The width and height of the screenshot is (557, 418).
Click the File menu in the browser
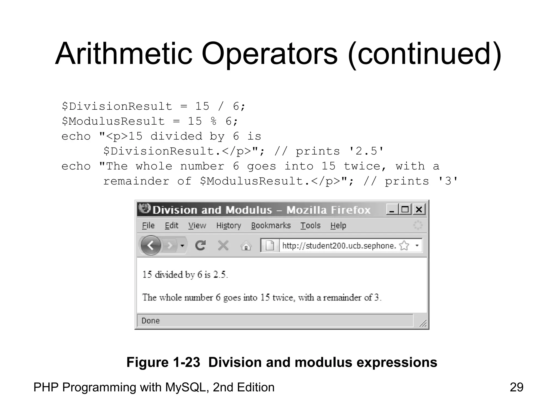(148, 226)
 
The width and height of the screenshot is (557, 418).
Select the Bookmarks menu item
(271, 226)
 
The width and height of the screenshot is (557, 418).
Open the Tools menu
(310, 226)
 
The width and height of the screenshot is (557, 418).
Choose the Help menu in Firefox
(338, 226)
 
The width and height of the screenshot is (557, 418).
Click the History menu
(228, 226)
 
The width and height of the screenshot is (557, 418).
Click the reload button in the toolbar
(200, 245)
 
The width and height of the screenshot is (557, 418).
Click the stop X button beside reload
(223, 245)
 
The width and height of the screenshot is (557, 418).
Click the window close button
(419, 210)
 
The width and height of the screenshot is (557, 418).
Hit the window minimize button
(392, 210)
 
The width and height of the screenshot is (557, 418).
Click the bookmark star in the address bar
(404, 245)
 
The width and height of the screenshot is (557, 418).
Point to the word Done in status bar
(150, 321)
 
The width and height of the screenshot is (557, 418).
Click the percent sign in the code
(213, 121)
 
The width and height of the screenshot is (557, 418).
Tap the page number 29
(516, 387)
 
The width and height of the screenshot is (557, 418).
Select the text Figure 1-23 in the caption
(163, 362)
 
